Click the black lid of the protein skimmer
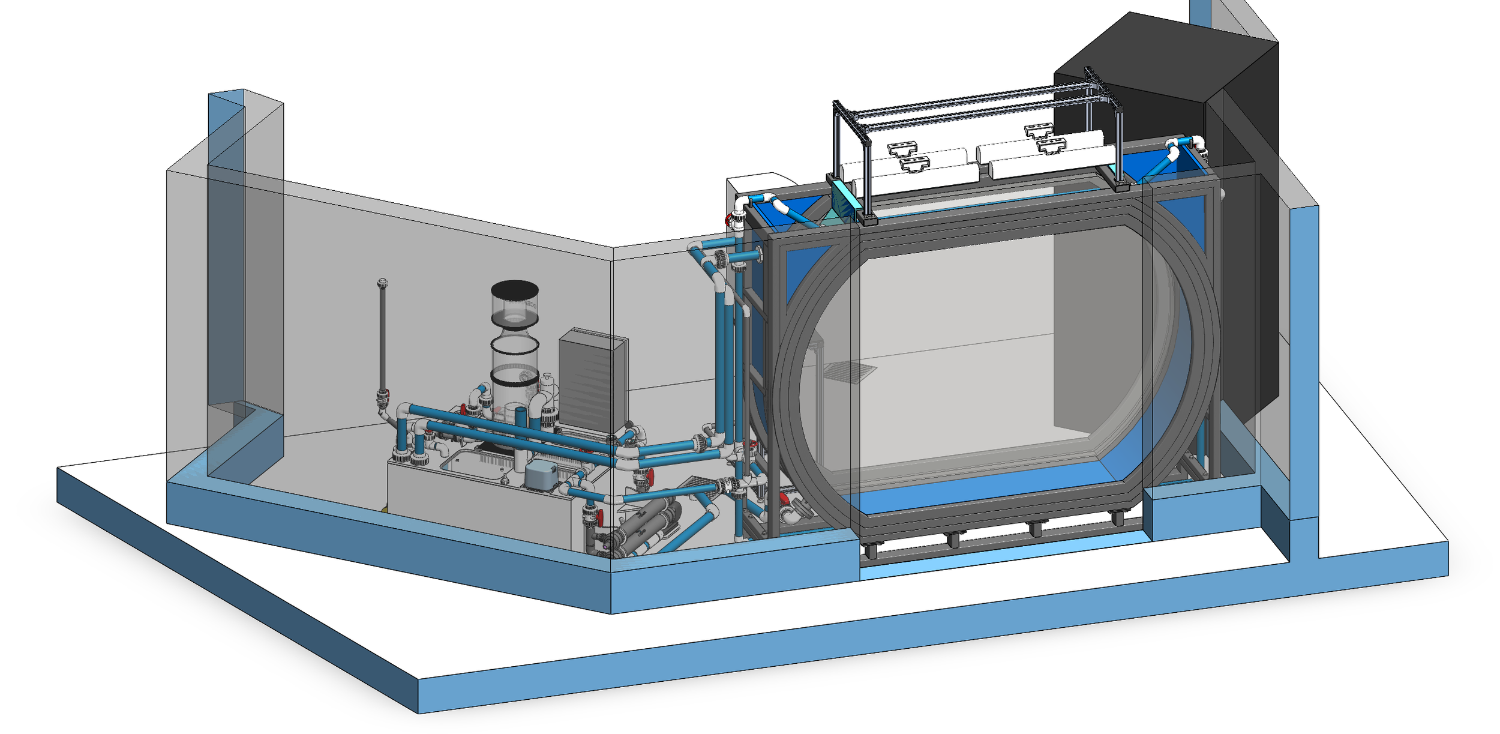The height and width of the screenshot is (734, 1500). (514, 289)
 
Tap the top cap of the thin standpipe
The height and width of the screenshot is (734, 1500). (382, 282)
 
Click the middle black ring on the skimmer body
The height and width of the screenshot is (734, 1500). (515, 346)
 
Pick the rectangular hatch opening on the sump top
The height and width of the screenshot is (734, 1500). (474, 465)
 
